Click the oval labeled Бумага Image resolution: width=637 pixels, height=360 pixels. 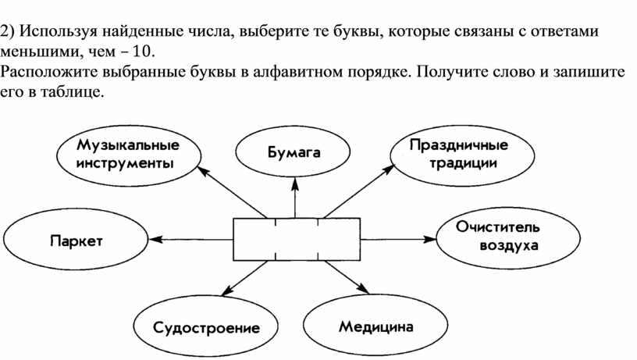(293, 151)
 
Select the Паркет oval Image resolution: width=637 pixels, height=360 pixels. (76, 240)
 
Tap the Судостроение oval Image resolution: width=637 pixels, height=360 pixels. (206, 326)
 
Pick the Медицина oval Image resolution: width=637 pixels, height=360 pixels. (375, 326)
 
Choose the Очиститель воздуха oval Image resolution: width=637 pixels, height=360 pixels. (508, 237)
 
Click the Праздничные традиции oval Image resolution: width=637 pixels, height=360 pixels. (462, 155)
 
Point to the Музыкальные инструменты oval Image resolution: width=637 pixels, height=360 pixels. (129, 155)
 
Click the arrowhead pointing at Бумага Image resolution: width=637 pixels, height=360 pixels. (295, 184)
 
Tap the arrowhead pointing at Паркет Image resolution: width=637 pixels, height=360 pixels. (156, 240)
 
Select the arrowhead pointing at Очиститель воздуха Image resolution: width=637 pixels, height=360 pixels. (429, 239)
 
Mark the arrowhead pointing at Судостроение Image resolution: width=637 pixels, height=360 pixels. (227, 290)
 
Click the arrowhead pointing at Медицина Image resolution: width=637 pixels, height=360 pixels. (362, 288)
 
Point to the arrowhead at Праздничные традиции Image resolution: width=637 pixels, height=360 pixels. (387, 169)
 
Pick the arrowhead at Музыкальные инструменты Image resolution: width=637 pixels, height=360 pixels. (203, 172)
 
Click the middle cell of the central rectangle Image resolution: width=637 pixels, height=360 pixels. (297, 239)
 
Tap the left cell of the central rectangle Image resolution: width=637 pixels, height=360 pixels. (254, 239)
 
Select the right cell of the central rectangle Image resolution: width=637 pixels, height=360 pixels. (339, 239)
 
